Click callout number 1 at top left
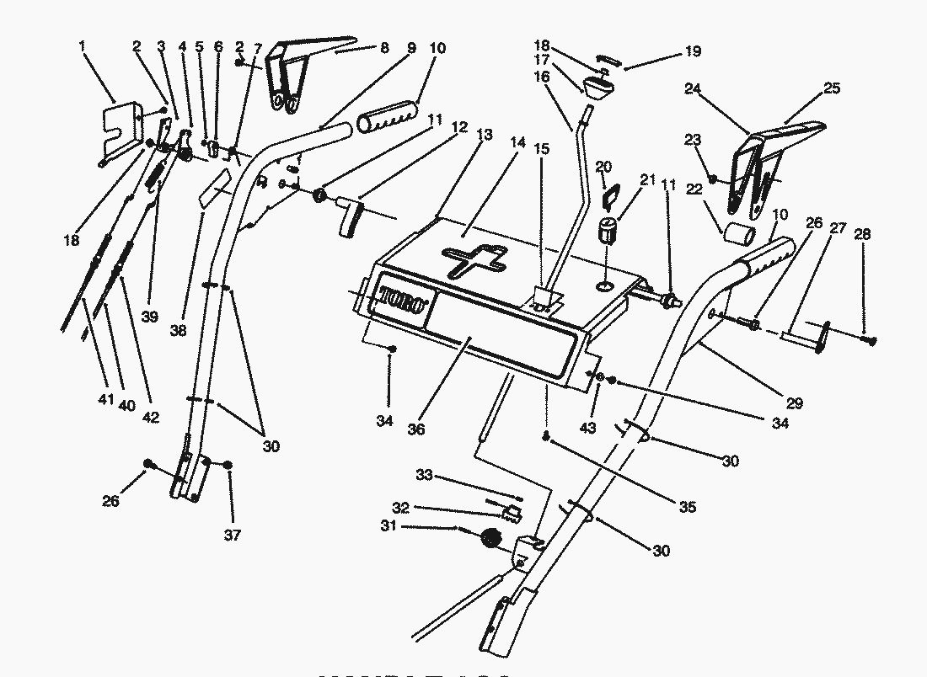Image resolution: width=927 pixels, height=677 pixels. pyautogui.click(x=82, y=47)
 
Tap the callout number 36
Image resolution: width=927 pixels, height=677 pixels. pyautogui.click(x=416, y=429)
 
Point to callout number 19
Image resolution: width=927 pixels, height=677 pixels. pyautogui.click(x=693, y=51)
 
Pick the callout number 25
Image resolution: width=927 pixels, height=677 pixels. pyautogui.click(x=831, y=88)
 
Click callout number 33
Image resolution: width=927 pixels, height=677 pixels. pyautogui.click(x=424, y=476)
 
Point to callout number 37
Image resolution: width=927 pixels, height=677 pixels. pyautogui.click(x=233, y=535)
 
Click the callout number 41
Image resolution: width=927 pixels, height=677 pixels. pyautogui.click(x=105, y=399)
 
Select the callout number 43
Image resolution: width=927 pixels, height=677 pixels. pyautogui.click(x=587, y=428)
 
